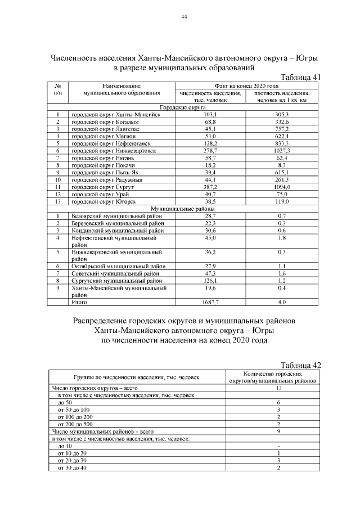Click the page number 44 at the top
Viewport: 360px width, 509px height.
click(183, 16)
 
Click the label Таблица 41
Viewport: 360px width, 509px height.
click(300, 77)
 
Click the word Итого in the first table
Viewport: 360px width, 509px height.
click(76, 302)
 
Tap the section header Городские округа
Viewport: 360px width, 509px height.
click(183, 107)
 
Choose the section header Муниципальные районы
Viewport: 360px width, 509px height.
click(183, 209)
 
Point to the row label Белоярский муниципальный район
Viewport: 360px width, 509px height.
click(116, 216)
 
